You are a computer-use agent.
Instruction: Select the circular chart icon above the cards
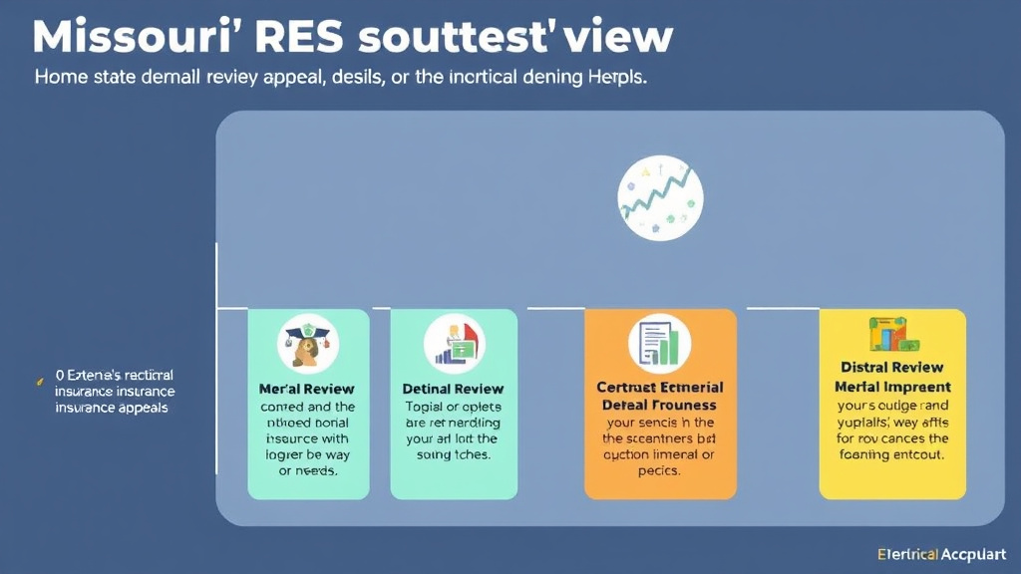tap(660, 197)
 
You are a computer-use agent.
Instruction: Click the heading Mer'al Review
tap(307, 389)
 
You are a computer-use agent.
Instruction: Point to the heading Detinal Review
tap(453, 389)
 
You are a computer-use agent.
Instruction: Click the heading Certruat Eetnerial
tap(660, 388)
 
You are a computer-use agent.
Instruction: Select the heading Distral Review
tap(892, 368)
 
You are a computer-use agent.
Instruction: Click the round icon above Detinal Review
tap(454, 343)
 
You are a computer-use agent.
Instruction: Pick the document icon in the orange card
tap(660, 344)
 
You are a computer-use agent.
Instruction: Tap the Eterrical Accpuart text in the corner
tap(942, 554)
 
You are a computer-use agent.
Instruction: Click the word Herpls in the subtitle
tap(612, 79)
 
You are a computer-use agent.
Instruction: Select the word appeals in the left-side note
tap(140, 408)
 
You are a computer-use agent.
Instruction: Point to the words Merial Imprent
tap(892, 387)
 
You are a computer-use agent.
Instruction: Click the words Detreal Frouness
tap(660, 406)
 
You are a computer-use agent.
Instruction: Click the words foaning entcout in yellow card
tap(892, 454)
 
